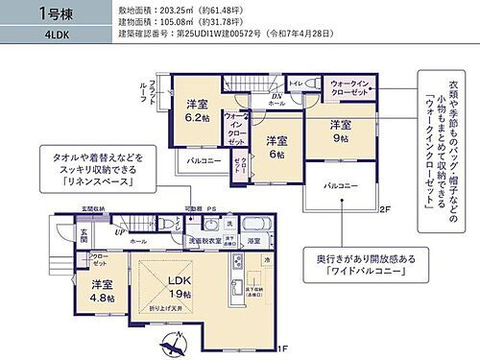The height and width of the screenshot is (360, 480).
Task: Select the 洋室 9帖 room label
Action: pyautogui.click(x=340, y=131)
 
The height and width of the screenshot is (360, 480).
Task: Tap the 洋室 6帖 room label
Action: pyautogui.click(x=276, y=143)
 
